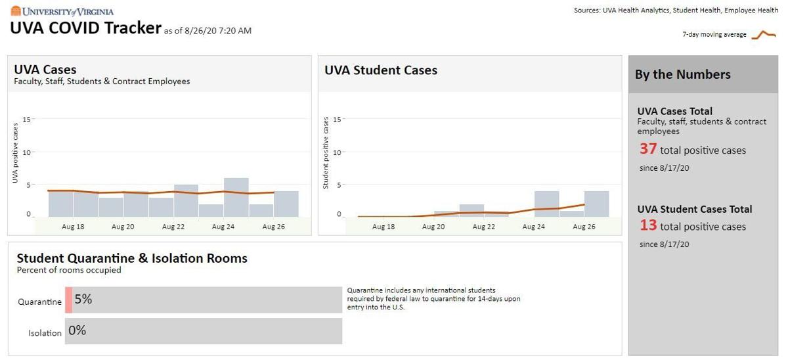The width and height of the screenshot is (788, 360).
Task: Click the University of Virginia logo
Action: [x=62, y=11]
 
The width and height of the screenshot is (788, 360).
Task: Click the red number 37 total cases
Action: [x=648, y=149]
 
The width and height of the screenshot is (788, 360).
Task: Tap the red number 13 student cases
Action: [x=648, y=225]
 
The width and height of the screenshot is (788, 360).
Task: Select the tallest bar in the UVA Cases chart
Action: [x=236, y=198]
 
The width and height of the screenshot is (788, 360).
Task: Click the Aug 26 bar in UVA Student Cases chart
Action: [x=597, y=204]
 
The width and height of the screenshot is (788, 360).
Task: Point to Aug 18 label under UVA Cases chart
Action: [x=73, y=227]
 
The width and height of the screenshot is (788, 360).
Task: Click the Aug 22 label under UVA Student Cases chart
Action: [x=484, y=227]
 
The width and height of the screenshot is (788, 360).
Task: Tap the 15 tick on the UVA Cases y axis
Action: [x=26, y=120]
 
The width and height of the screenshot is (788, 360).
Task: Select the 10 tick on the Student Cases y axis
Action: [x=337, y=152]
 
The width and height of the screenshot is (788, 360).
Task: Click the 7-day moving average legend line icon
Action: [x=764, y=35]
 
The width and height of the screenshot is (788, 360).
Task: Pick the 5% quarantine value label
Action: [x=83, y=299]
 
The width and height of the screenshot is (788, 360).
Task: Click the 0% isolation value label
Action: [x=77, y=330]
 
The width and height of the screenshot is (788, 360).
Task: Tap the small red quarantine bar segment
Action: [x=68, y=300]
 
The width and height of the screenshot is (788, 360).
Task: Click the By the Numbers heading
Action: [x=682, y=75]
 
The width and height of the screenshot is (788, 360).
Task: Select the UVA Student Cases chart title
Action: [x=381, y=70]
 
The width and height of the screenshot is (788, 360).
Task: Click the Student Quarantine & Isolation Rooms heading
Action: [x=132, y=258]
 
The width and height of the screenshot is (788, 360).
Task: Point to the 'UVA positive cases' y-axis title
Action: [x=15, y=152]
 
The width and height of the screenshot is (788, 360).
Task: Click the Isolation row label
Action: [x=45, y=333]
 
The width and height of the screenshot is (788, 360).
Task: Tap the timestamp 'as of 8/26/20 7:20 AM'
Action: [x=208, y=31]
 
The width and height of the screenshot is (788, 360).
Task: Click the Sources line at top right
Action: [x=676, y=11]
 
